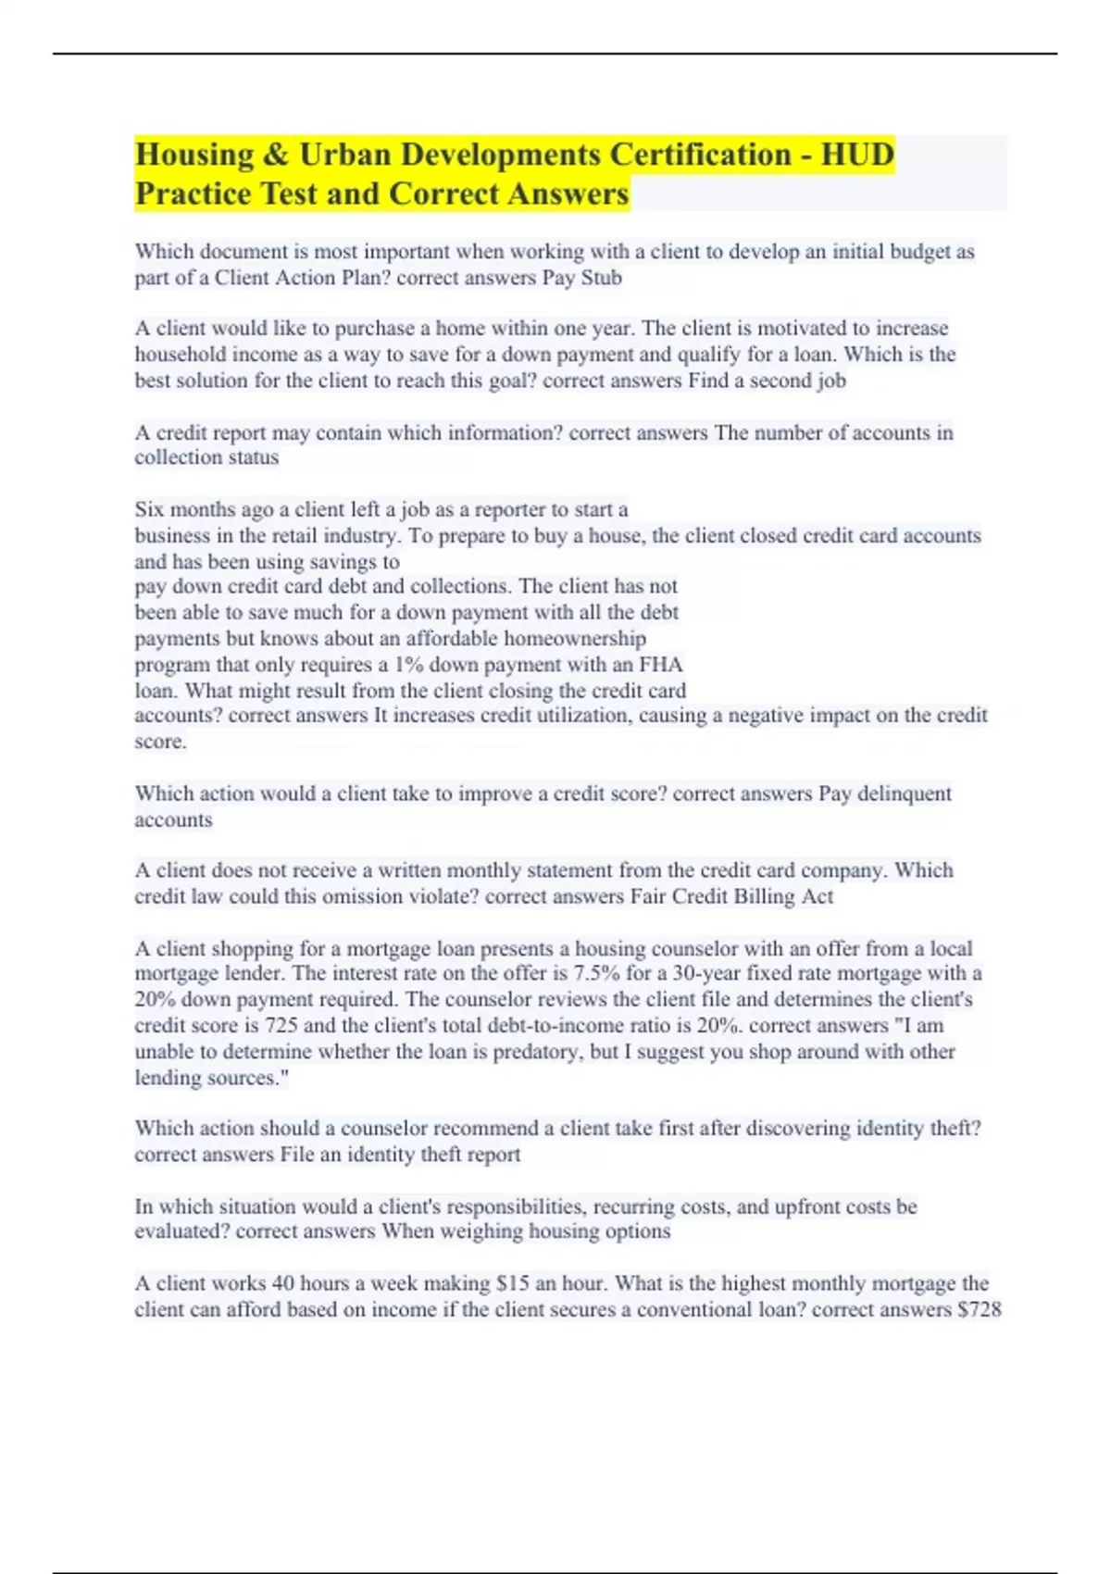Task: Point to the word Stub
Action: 601,278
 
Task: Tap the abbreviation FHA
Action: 661,665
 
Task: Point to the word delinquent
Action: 904,794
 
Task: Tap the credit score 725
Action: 281,1026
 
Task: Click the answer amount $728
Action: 980,1310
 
